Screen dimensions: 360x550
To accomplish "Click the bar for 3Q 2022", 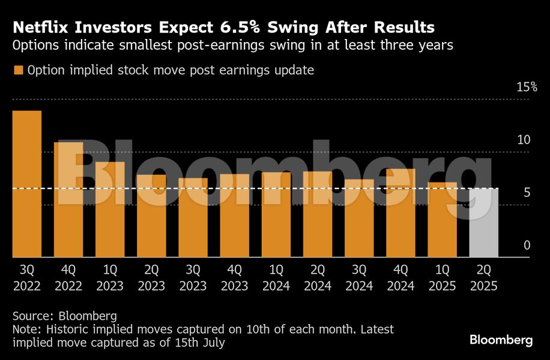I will (x=27, y=184).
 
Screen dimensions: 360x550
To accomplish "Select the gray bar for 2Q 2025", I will (x=483, y=223).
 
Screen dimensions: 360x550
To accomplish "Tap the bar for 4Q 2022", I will (x=68, y=200).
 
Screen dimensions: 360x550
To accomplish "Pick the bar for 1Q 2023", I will (x=110, y=209).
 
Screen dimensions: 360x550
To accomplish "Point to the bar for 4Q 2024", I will (x=400, y=213).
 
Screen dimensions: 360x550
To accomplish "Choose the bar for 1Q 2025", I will (x=442, y=220).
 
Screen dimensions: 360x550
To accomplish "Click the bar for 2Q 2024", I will (x=318, y=214).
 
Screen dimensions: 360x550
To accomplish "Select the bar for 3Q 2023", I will (x=193, y=218).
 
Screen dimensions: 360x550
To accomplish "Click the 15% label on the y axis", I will (x=527, y=87).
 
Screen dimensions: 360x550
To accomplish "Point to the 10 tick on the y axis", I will (x=524, y=140).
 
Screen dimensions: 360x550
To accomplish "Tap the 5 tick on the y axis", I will (x=527, y=193).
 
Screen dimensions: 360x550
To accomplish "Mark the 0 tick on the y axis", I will (x=527, y=245).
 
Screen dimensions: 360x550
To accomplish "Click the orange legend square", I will (x=18, y=71).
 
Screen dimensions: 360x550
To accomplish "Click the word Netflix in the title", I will (x=40, y=28).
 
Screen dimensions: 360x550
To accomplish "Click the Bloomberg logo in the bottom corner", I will (x=501, y=340).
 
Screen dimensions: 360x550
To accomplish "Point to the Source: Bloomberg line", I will (x=56, y=315).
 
